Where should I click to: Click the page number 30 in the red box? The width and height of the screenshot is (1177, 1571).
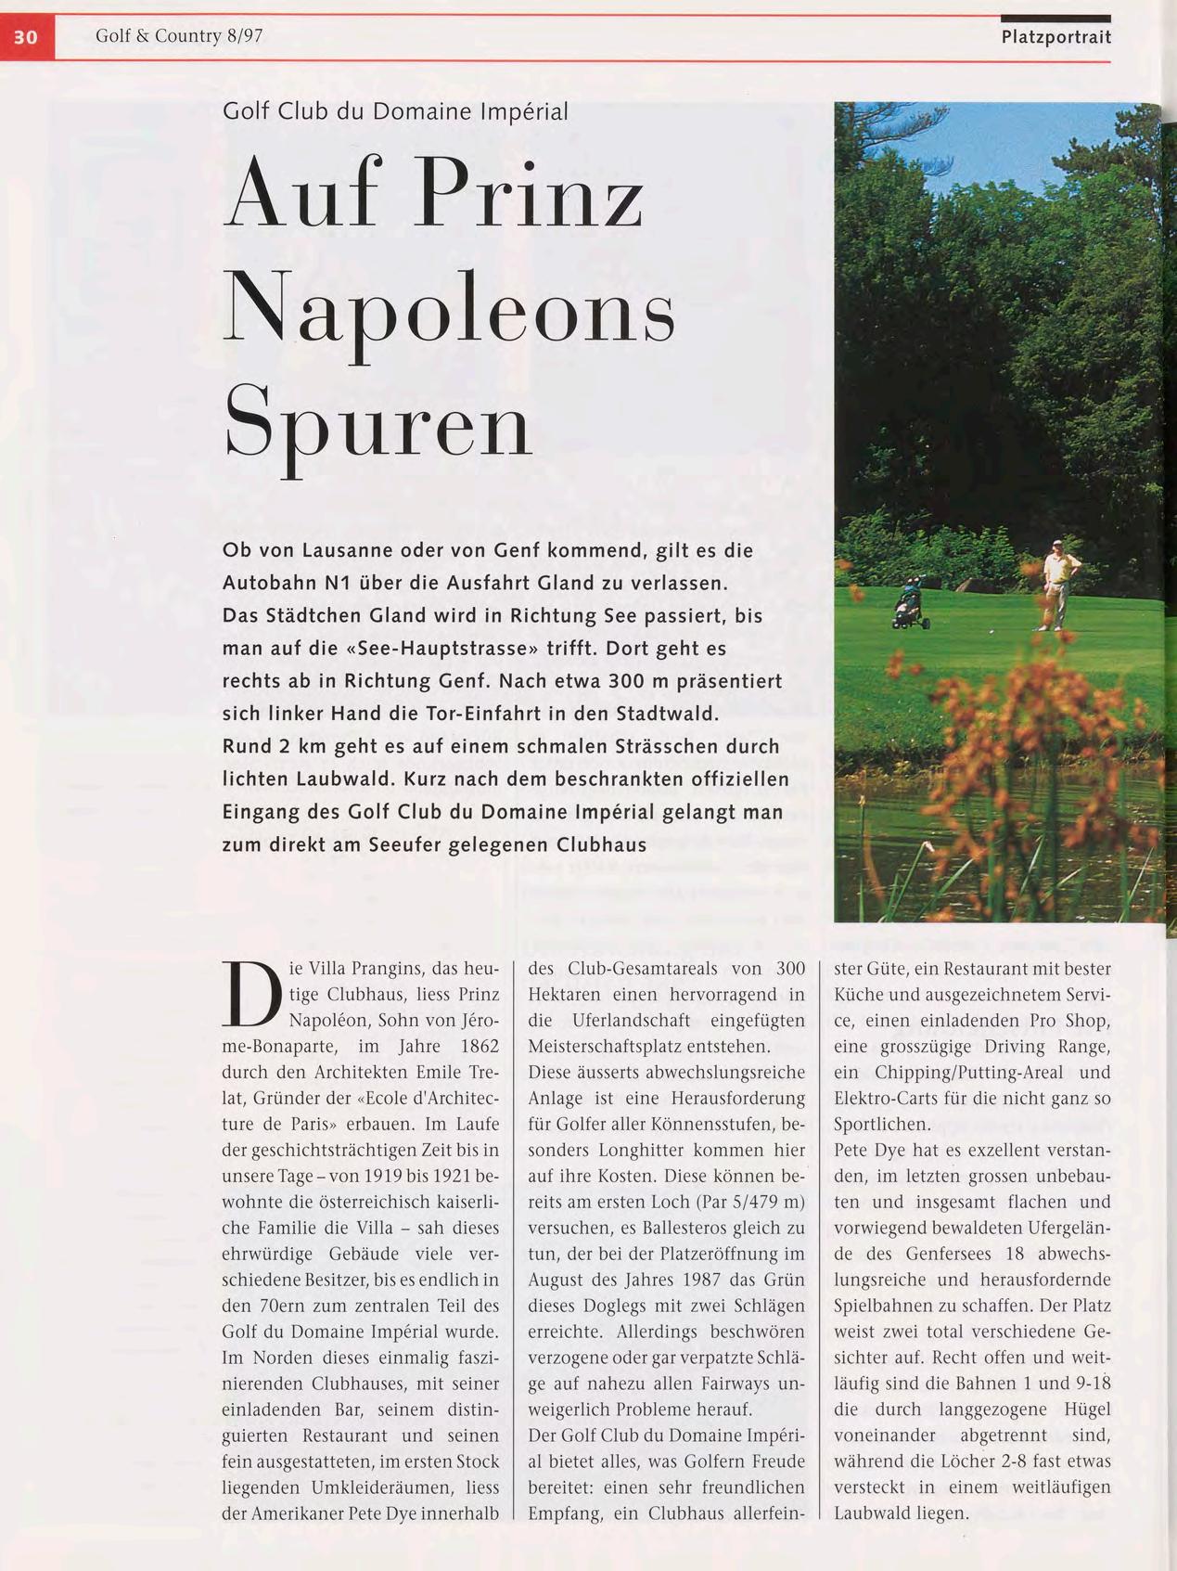26,37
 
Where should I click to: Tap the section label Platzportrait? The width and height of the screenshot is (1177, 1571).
1055,37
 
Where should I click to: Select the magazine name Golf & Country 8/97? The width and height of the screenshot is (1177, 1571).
179,36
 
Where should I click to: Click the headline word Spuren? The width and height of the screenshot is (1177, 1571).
378,424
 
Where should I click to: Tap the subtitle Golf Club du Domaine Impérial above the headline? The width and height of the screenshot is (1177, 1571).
395,111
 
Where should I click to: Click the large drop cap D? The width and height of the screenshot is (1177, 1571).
250,995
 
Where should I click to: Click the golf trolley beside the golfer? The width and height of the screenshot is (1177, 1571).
906,604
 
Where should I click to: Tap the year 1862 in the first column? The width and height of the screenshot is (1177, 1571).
478,1047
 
